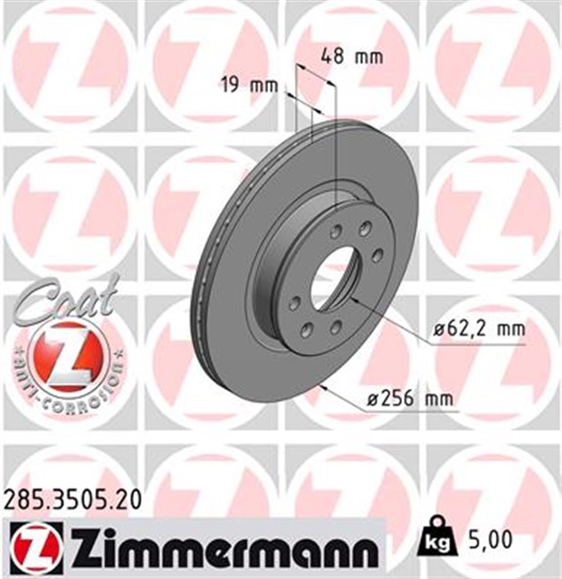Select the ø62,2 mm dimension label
point(478,331)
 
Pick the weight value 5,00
point(491,540)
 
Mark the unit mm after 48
point(368,56)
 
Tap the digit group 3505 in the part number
point(70,497)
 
